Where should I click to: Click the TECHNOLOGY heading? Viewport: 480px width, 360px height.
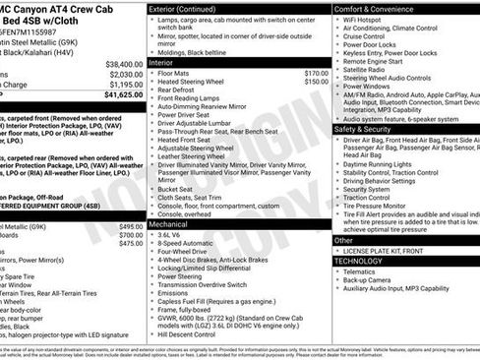click(357, 262)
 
